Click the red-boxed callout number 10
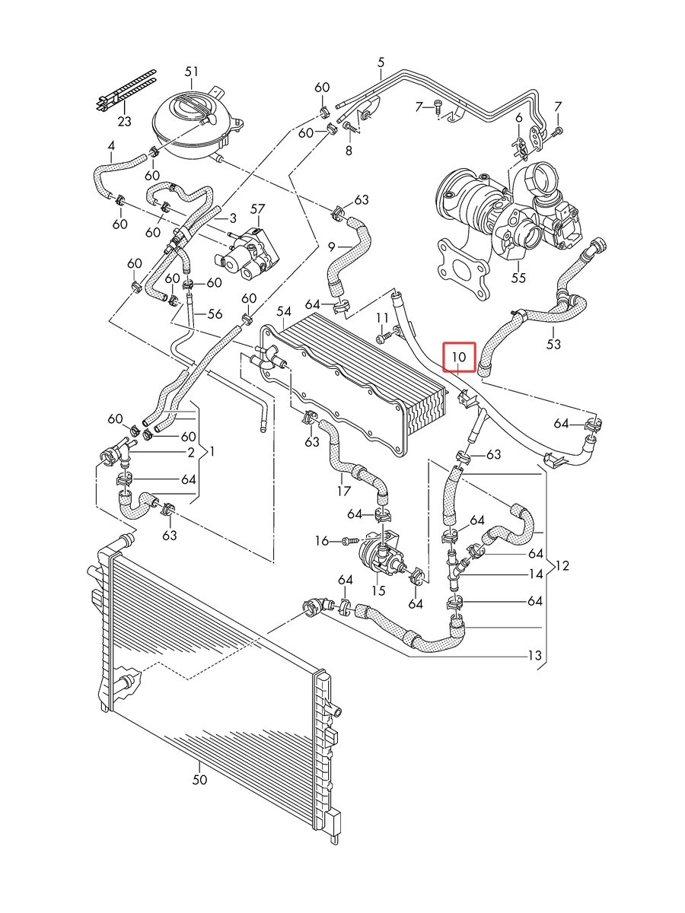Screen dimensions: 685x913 pos(459,357)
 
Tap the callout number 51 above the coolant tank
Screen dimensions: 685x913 pos(191,72)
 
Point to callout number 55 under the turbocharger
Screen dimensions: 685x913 pos(518,278)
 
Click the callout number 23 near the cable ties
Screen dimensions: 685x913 pos(124,121)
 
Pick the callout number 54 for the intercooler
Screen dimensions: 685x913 pos(284,311)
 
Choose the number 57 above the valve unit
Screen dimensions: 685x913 pos(258,209)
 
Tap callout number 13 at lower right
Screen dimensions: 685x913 pos(535,656)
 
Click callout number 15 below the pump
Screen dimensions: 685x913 pos(379,590)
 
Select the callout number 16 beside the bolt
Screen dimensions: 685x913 pos(322,541)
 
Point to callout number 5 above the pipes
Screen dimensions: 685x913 pos(381,63)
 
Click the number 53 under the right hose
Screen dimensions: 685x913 pos(553,344)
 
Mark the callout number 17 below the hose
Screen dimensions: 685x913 pos(344,491)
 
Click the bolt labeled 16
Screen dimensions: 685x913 pos(349,541)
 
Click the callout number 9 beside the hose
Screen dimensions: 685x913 pos(331,247)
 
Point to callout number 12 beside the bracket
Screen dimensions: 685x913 pos(562,565)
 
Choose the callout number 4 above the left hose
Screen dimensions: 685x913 pos(111,146)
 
